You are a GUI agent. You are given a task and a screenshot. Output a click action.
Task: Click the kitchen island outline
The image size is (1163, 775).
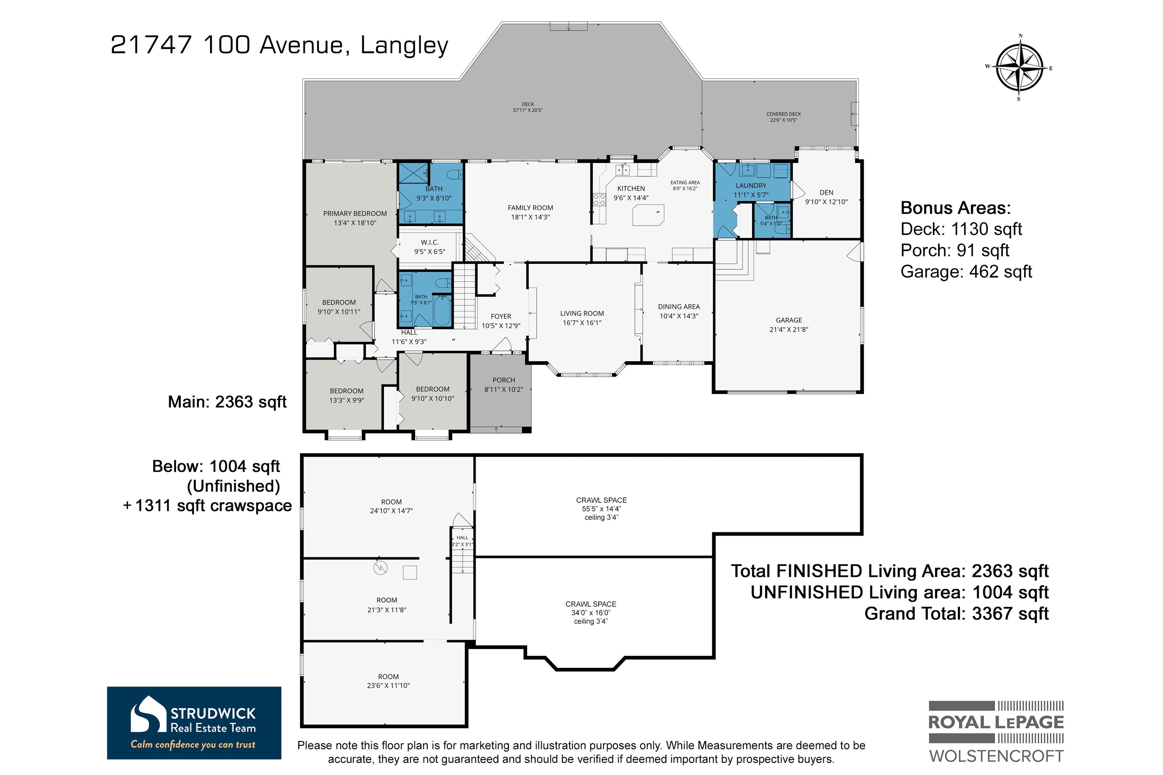(648, 215)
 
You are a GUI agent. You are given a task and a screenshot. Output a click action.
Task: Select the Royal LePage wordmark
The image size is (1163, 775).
(996, 722)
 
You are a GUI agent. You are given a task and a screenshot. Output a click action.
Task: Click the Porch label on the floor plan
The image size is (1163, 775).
(504, 380)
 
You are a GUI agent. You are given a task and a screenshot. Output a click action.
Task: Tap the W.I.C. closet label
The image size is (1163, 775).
(430, 242)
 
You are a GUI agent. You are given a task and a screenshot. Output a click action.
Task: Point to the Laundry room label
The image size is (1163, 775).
(751, 186)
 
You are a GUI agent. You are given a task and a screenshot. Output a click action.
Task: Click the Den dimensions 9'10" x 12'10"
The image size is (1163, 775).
(826, 202)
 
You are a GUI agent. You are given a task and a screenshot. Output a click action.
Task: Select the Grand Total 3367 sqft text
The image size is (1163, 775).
(956, 613)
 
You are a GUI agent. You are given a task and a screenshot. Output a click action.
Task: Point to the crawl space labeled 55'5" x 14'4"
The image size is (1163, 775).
(601, 508)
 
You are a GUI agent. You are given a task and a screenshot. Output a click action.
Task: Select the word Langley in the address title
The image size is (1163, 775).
(404, 45)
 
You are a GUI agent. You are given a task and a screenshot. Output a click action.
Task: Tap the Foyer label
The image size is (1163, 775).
(501, 317)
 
